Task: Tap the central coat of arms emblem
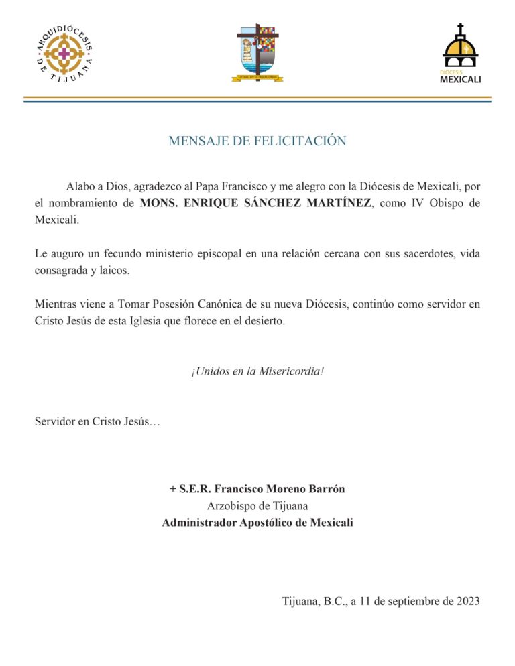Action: coord(257,54)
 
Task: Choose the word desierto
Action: coord(262,320)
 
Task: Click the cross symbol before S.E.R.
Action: coord(174,489)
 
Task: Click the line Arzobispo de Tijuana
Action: coord(257,506)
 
